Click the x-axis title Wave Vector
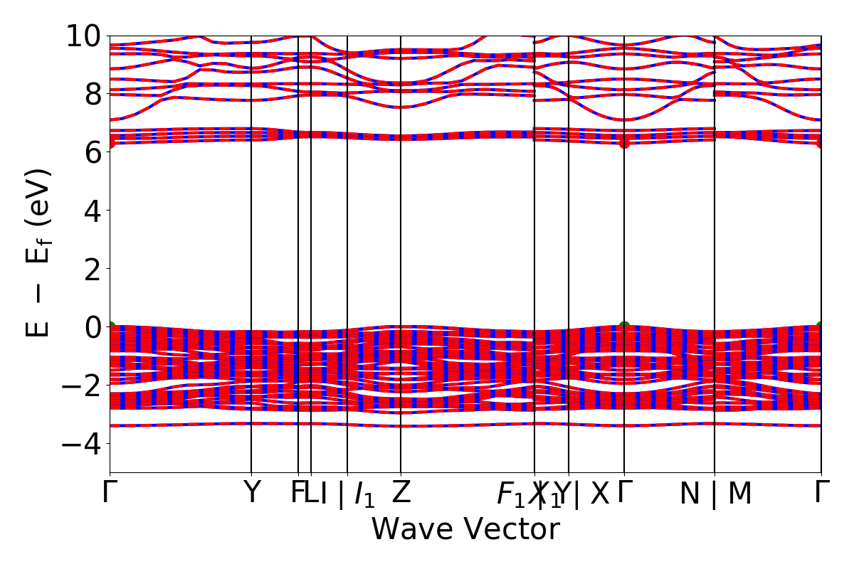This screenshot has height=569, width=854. tap(465, 530)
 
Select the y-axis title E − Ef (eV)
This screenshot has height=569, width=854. tap(39, 253)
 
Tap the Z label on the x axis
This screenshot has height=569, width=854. tap(401, 493)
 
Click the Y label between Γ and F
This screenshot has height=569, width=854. tap(251, 493)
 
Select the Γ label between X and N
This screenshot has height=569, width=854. tap(624, 492)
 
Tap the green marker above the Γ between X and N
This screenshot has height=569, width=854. tap(624, 327)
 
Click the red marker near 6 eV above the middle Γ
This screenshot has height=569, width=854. tap(624, 143)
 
